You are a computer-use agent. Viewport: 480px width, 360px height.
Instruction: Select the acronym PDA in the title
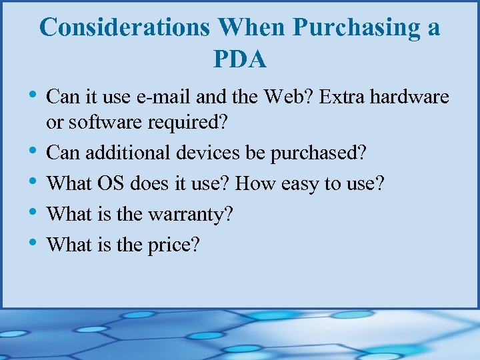[x=240, y=59]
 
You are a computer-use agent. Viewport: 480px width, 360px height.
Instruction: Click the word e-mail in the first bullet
[x=164, y=97]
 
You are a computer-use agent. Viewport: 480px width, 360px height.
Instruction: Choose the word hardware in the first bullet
[x=409, y=97]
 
